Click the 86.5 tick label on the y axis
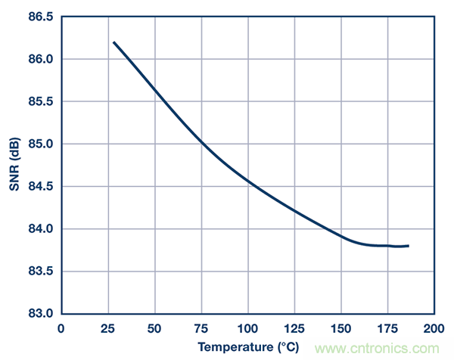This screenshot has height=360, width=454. click(x=40, y=17)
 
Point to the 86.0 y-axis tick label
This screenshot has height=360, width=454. click(x=40, y=59)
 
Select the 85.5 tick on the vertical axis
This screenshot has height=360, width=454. click(x=40, y=101)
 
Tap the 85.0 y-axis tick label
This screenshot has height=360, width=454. click(x=40, y=144)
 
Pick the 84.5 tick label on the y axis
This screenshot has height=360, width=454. click(x=40, y=186)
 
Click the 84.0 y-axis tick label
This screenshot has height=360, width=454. click(x=40, y=228)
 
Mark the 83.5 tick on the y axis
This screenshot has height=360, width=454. click(x=40, y=271)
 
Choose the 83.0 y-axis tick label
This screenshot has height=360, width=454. click(x=40, y=313)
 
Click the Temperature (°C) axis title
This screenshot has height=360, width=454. click(x=247, y=348)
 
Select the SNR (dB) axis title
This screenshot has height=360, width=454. click(x=14, y=165)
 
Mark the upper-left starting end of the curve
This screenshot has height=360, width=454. click(x=114, y=42)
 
